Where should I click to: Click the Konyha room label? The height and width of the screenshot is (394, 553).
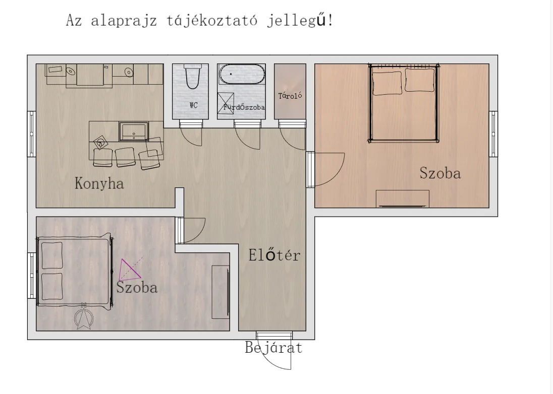99,183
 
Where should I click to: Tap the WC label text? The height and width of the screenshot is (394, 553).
193,106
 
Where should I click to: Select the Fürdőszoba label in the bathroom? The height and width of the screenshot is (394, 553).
245,107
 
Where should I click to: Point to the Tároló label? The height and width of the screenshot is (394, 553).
290,96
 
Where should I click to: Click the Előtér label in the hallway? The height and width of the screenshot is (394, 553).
274,255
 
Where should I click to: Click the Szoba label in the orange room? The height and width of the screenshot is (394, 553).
440,173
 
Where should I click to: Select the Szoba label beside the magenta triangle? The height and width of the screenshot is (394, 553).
137,288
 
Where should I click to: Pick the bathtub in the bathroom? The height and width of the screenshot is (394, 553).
242,75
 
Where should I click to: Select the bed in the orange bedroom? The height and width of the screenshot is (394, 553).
404,104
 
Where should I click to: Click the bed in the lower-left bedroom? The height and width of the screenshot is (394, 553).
75,271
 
